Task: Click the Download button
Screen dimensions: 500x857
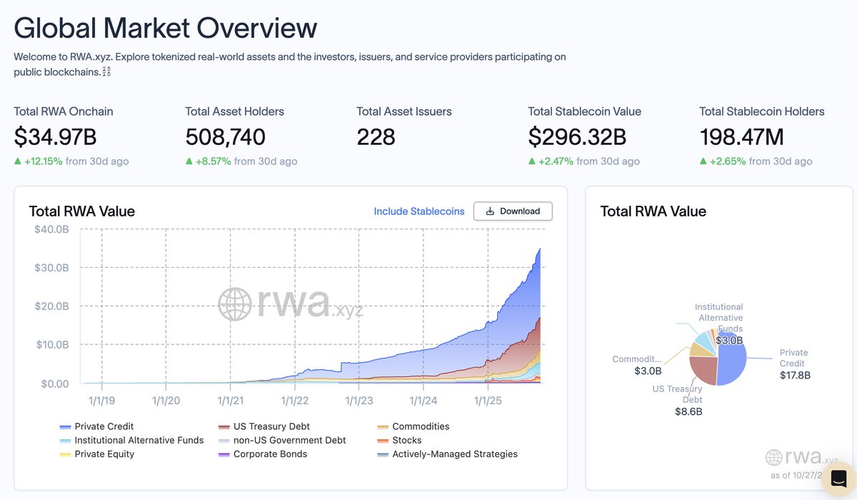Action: coord(513,211)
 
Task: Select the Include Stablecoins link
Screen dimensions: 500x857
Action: coord(419,211)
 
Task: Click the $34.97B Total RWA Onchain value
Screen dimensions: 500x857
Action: coord(55,136)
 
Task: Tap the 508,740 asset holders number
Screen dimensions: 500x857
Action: coord(225,136)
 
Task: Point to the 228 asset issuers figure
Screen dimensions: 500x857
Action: coord(376,136)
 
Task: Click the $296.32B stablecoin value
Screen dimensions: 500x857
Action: coord(577,136)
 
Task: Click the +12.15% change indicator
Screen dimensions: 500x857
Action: coord(43,161)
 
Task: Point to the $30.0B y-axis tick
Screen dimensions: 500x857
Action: coord(51,268)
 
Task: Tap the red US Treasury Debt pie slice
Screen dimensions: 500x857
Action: coord(704,369)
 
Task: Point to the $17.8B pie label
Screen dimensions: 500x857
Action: coord(795,375)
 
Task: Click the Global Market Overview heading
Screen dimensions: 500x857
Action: coord(165,28)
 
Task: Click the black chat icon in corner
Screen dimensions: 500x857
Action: coord(839,478)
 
